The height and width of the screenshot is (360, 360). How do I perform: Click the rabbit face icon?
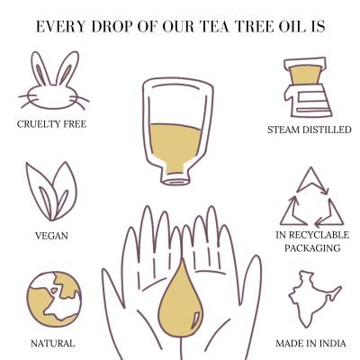pyautogui.click(x=52, y=85)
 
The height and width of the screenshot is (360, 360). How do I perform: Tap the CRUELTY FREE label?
pyautogui.click(x=52, y=124)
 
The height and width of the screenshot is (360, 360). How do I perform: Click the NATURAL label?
pyautogui.click(x=52, y=343)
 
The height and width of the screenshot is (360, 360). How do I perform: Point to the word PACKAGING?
pyautogui.click(x=308, y=247)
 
